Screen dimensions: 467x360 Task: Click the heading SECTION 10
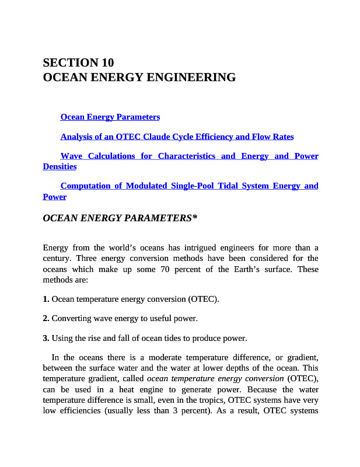pyautogui.click(x=79, y=62)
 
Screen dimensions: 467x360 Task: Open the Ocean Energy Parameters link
pyautogui.click(x=110, y=117)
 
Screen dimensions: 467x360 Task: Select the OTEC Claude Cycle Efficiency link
pyautogui.click(x=177, y=137)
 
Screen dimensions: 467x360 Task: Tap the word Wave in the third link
pyautogui.click(x=71, y=156)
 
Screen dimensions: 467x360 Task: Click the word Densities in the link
pyautogui.click(x=60, y=166)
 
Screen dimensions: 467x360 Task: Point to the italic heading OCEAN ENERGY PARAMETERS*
pyautogui.click(x=120, y=218)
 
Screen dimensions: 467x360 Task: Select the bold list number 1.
pyautogui.click(x=46, y=299)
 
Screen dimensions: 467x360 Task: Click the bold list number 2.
pyautogui.click(x=46, y=319)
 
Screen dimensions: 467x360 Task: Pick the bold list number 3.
pyautogui.click(x=46, y=338)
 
